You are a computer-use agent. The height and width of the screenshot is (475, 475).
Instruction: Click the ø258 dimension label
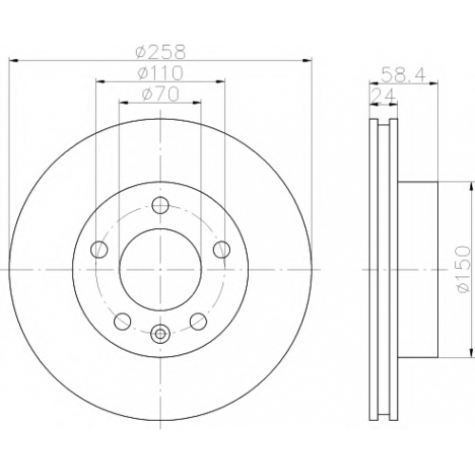[160, 51]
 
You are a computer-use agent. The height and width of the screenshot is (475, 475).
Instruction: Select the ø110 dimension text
[161, 73]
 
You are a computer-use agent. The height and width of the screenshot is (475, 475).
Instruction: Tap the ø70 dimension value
[161, 94]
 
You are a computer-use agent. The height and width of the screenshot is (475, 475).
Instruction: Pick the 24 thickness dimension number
[384, 96]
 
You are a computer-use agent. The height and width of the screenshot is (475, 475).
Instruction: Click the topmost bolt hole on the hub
[161, 205]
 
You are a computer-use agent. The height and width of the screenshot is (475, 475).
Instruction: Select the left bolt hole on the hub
[99, 250]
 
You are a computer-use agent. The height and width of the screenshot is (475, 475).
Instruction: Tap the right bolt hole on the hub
[221, 250]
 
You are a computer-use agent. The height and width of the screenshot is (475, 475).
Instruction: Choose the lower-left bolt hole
[123, 321]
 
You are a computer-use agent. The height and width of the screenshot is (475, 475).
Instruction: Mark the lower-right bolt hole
[199, 321]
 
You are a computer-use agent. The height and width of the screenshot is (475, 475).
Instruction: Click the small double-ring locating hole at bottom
[161, 333]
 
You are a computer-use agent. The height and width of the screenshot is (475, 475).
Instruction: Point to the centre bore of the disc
[161, 269]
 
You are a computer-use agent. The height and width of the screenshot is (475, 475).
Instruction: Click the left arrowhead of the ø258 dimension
[13, 60]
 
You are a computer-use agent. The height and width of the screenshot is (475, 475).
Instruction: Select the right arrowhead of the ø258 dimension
[308, 60]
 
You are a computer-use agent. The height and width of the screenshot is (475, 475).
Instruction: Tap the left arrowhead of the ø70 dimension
[123, 103]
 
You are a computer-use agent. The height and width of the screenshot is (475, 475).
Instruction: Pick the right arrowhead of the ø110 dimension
[220, 82]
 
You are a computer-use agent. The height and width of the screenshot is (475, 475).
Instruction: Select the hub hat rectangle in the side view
[418, 270]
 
